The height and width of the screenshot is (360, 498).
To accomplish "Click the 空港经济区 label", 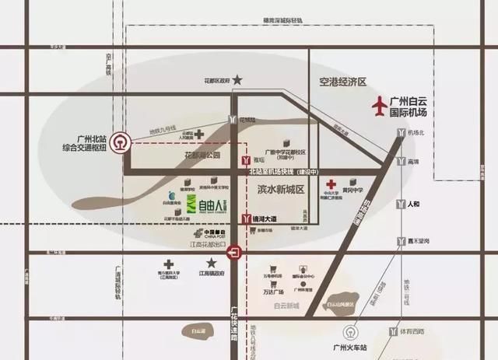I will (x=342, y=82).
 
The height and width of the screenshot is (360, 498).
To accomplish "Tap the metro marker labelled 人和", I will (x=399, y=206).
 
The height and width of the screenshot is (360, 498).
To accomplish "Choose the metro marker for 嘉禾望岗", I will (x=399, y=241).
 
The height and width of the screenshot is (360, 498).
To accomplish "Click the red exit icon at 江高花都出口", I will (x=233, y=252).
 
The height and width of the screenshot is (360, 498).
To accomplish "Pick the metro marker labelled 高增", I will (x=399, y=162).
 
